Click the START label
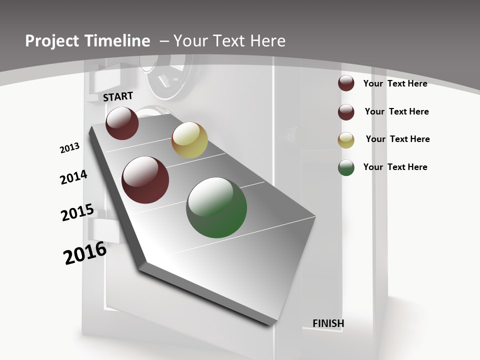click(118, 96)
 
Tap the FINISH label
click(328, 323)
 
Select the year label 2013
click(69, 148)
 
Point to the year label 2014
click(73, 177)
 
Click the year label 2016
click(85, 253)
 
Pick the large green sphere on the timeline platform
click(216, 207)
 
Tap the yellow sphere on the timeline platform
click(189, 140)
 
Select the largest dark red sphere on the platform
click(145, 180)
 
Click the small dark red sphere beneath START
click(122, 123)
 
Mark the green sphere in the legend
click(346, 167)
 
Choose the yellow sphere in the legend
click(346, 140)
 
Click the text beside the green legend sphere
click(395, 167)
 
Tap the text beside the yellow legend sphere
click(397, 139)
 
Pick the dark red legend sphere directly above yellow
click(346, 112)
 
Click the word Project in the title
click(51, 41)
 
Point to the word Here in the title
click(268, 41)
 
